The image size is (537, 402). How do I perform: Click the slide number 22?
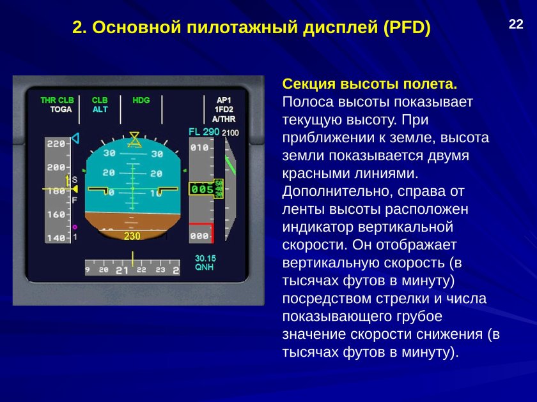[516, 25]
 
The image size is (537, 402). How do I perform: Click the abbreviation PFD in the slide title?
[405, 28]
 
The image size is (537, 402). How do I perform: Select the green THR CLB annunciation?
[57, 100]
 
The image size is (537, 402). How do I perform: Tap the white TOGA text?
[61, 110]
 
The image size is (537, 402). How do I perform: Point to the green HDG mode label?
[141, 100]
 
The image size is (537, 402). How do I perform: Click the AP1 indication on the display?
[224, 100]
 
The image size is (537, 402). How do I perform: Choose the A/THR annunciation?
[224, 119]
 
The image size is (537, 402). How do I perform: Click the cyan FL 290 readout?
[204, 132]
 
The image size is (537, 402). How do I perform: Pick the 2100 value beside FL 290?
[230, 133]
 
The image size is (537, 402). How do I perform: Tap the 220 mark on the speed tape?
[56, 144]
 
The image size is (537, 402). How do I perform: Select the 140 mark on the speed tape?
[56, 238]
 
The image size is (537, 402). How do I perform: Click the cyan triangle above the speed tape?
[75, 137]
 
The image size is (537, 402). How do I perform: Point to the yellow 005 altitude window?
[201, 190]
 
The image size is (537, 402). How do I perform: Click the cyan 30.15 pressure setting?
[206, 258]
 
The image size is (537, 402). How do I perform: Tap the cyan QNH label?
[205, 267]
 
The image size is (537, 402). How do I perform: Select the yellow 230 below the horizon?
[132, 236]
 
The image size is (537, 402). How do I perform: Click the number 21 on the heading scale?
[121, 271]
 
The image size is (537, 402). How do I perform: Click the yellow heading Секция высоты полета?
[370, 84]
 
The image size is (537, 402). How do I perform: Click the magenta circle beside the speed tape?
[75, 227]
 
